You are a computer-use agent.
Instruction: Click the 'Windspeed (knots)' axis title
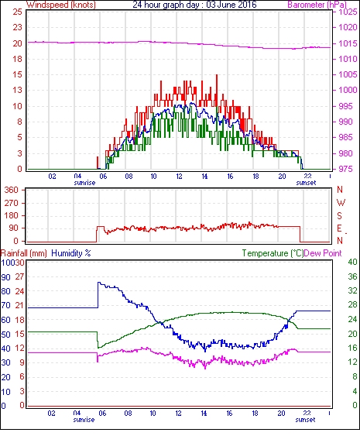pyautogui.click(x=61, y=5)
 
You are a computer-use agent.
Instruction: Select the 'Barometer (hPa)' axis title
pyautogui.click(x=317, y=5)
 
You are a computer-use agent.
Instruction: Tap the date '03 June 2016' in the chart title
pyautogui.click(x=231, y=5)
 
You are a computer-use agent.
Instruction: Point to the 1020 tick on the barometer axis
pyautogui.click(x=348, y=27)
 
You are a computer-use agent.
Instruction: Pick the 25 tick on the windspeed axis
pyautogui.click(x=17, y=12)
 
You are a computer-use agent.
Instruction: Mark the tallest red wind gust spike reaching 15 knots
pyautogui.click(x=217, y=76)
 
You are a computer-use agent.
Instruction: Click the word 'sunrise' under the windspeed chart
pyautogui.click(x=84, y=183)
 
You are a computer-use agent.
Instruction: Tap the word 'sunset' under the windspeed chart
pyautogui.click(x=306, y=183)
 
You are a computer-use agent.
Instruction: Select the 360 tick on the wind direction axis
pyautogui.click(x=12, y=190)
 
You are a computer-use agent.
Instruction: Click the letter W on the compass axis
pyautogui.click(x=341, y=203)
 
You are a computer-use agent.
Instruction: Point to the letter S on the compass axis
pyautogui.click(x=339, y=215)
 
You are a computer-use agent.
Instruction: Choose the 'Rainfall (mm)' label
pyautogui.click(x=24, y=253)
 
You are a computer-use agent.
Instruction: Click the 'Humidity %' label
pyautogui.click(x=71, y=253)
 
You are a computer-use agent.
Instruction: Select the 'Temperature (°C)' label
pyautogui.click(x=273, y=253)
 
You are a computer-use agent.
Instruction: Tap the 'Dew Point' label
pyautogui.click(x=323, y=253)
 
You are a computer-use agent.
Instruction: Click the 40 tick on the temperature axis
pyautogui.click(x=352, y=262)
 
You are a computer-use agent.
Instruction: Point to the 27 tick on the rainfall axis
pyautogui.click(x=19, y=276)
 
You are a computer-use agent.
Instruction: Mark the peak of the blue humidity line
pyautogui.click(x=98, y=283)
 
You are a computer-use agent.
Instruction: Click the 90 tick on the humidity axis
pyautogui.click(x=6, y=277)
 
